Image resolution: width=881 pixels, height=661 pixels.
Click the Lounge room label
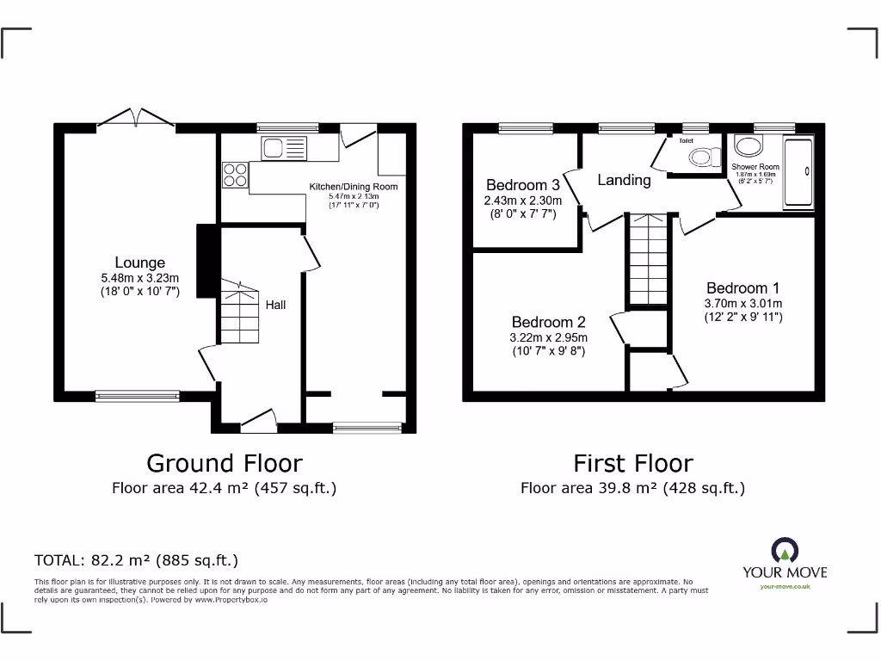[x=139, y=263]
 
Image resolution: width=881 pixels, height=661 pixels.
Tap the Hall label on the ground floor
[x=275, y=305]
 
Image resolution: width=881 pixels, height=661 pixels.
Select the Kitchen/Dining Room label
[x=354, y=186]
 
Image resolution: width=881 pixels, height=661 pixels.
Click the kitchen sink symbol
[x=283, y=148]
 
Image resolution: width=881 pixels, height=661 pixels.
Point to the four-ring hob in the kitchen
[x=235, y=176]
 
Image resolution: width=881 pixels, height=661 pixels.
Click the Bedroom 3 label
[x=522, y=185]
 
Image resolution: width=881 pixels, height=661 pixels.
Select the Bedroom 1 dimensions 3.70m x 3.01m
[x=742, y=303]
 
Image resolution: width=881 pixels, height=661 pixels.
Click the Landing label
[x=624, y=180]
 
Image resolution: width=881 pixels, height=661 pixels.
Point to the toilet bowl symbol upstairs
[x=705, y=157]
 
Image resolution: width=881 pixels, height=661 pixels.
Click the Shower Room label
[x=755, y=167]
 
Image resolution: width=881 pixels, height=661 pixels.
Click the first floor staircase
[x=646, y=260]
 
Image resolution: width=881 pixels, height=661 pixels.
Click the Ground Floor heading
[x=225, y=463]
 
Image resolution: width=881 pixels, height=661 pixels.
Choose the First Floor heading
[x=632, y=463]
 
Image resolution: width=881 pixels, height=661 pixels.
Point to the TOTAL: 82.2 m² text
[x=136, y=560]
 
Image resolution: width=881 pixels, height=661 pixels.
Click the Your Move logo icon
[x=784, y=551]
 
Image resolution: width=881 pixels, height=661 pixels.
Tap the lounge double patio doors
[x=136, y=119]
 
